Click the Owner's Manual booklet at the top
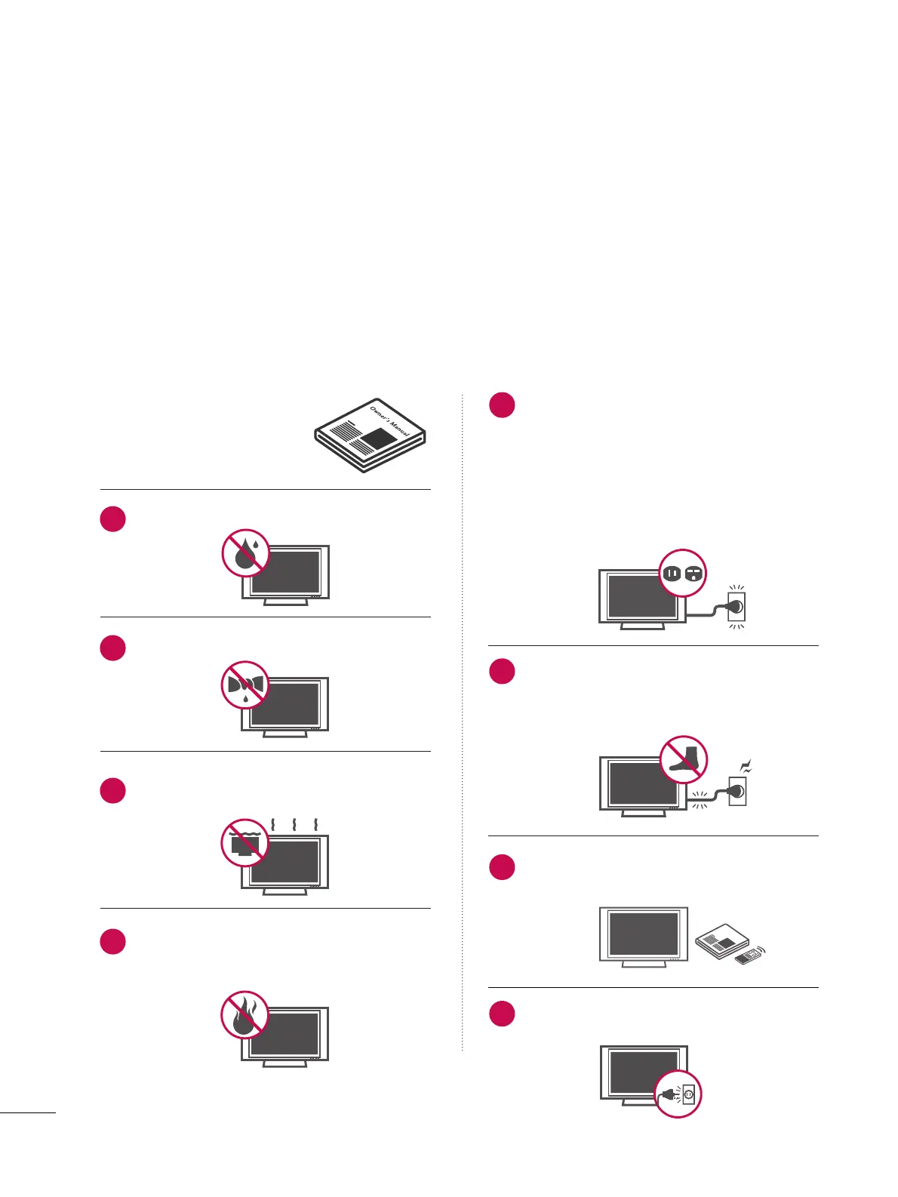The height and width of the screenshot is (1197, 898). [x=370, y=435]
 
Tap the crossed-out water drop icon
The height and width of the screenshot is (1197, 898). [x=246, y=553]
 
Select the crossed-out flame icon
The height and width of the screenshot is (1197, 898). [x=244, y=1014]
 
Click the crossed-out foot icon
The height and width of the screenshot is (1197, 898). [x=684, y=759]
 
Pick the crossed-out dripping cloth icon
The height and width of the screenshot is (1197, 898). [x=244, y=685]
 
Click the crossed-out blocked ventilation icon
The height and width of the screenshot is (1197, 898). [x=244, y=842]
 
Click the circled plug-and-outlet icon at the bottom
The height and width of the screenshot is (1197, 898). [x=678, y=1094]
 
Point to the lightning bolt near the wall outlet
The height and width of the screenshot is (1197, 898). [x=747, y=768]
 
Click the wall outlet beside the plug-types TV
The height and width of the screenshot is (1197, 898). [x=736, y=605]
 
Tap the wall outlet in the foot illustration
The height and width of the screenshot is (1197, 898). [x=737, y=791]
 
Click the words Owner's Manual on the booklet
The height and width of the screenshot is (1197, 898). [x=389, y=420]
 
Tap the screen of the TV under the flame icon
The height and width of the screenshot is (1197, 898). [x=285, y=1034]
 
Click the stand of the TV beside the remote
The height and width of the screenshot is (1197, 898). [x=643, y=964]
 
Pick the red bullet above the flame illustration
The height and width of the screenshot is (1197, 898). [x=113, y=941]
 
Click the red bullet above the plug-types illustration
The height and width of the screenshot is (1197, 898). [x=502, y=405]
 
